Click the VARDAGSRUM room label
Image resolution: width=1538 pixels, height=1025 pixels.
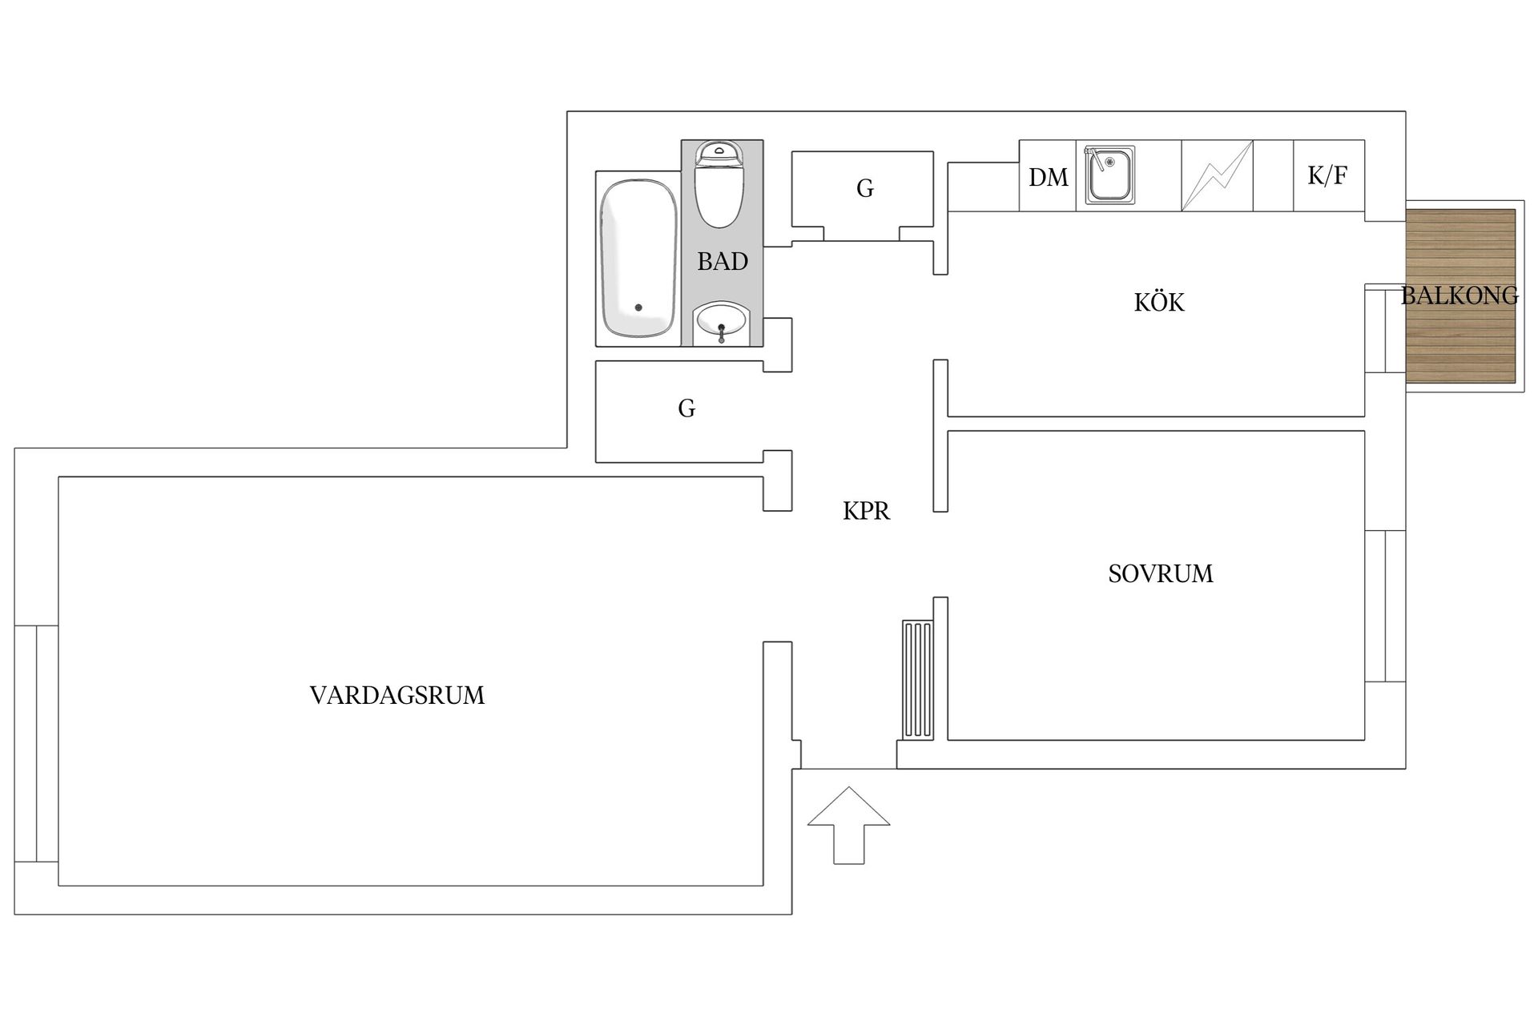click(397, 695)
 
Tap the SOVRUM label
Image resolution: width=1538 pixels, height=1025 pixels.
click(1160, 573)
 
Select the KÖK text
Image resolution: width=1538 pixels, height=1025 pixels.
click(1158, 303)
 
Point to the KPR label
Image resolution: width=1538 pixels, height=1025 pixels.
click(866, 511)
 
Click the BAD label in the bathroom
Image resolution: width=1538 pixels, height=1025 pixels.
click(722, 262)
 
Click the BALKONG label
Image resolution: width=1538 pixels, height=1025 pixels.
click(1459, 295)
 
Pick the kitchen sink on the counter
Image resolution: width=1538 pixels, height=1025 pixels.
click(1109, 175)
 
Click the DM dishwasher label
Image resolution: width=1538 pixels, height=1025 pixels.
click(1048, 177)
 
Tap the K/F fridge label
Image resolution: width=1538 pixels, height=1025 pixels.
click(1327, 175)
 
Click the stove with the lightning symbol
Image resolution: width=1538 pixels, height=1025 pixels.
click(1217, 176)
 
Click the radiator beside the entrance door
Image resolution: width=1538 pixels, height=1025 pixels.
click(917, 679)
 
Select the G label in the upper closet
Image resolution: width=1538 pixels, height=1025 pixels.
click(864, 189)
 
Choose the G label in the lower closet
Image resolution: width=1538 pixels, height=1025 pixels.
click(686, 409)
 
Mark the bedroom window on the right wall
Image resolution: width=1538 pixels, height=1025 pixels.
click(1384, 605)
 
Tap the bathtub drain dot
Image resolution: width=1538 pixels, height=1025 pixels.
click(638, 307)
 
